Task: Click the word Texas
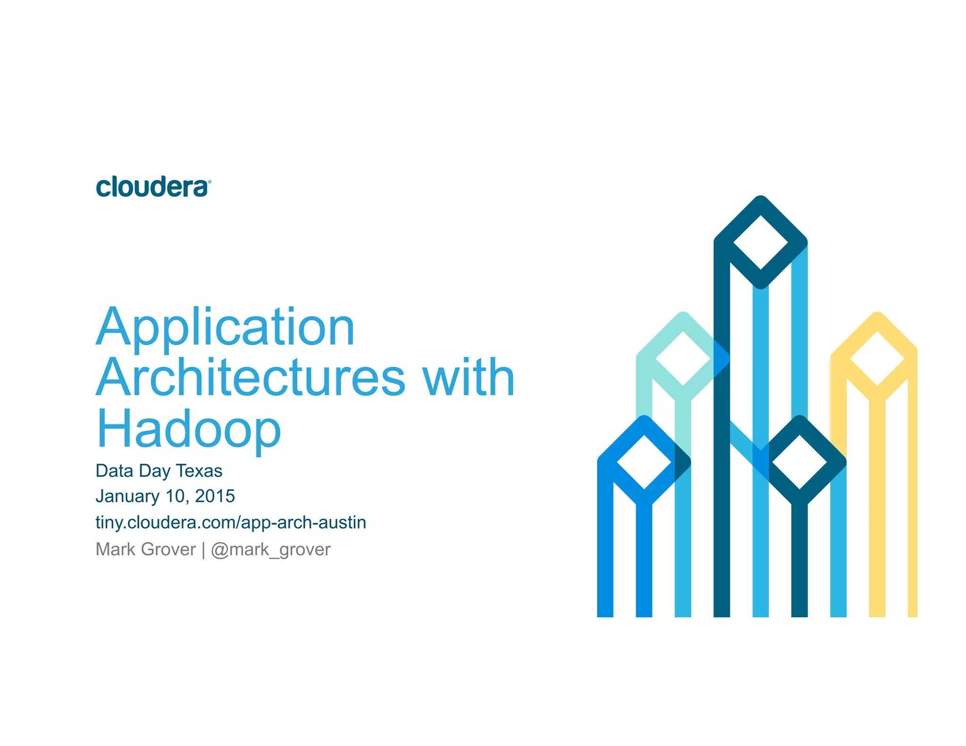[199, 471]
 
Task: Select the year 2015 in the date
[215, 496]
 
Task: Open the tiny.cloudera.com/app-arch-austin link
[231, 522]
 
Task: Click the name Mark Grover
[145, 549]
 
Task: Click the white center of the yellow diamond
[877, 358]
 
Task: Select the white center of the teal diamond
[683, 358]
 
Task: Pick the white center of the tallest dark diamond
[760, 242]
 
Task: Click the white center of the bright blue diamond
[644, 462]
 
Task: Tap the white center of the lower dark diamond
[799, 462]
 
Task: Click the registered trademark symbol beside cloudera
[209, 182]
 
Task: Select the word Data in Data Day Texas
[114, 471]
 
